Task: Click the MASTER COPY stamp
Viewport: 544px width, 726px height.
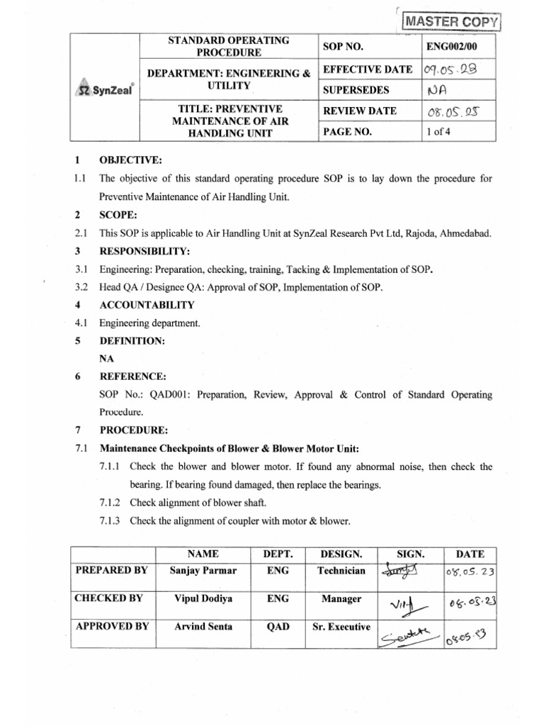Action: pos(450,22)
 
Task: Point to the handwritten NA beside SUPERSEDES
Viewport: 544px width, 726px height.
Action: pos(438,91)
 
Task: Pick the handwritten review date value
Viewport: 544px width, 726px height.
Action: pos(450,112)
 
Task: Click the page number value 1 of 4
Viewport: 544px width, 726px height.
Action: pos(438,132)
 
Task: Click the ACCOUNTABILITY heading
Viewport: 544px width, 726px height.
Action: pos(147,305)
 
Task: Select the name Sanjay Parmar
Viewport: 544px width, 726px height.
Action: pos(203,571)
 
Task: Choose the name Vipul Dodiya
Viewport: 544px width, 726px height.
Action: pos(203,598)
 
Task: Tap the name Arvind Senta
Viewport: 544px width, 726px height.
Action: pos(203,626)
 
